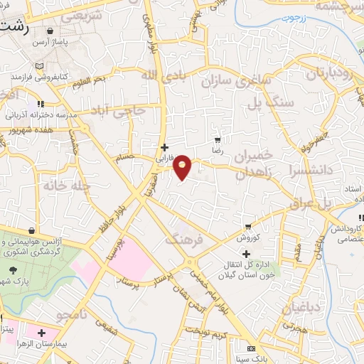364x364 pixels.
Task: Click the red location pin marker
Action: click(183, 166)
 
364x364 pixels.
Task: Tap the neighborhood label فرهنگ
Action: click(184, 240)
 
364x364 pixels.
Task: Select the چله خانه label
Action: click(48, 186)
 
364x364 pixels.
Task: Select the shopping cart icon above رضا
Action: click(218, 141)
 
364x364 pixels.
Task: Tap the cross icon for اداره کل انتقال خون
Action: click(246, 254)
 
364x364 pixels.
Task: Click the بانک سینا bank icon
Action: click(250, 349)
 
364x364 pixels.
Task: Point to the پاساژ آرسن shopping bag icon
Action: click(50, 32)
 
